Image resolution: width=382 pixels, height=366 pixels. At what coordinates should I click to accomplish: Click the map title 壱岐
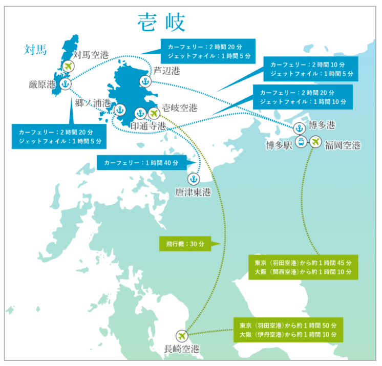click(161, 23)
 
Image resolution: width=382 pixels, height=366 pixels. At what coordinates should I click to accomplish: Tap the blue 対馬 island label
click(35, 50)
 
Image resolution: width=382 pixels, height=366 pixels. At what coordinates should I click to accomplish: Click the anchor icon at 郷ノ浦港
click(120, 110)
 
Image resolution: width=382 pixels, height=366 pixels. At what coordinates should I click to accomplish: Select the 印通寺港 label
click(148, 125)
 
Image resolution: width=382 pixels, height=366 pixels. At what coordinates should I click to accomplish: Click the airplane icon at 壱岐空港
click(153, 113)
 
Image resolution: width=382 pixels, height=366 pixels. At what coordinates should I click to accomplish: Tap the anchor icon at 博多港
click(299, 127)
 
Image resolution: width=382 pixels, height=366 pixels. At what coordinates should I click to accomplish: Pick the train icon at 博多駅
click(301, 141)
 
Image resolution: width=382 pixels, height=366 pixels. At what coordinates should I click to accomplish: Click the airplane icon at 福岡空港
click(315, 141)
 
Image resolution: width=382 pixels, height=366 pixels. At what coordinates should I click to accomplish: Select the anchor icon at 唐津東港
click(194, 179)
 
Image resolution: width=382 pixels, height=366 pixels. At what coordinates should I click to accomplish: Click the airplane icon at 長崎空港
click(181, 335)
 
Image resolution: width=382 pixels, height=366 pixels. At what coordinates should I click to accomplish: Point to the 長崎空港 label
click(181, 350)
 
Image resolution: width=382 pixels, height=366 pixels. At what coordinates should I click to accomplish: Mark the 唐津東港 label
click(193, 192)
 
